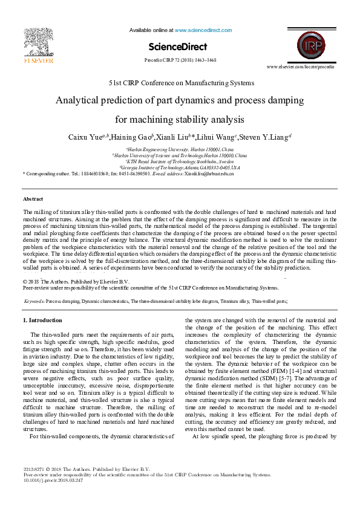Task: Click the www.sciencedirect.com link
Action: (203, 30)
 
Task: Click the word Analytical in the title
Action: (82, 100)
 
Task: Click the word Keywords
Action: (34, 300)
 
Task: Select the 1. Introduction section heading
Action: (42, 320)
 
